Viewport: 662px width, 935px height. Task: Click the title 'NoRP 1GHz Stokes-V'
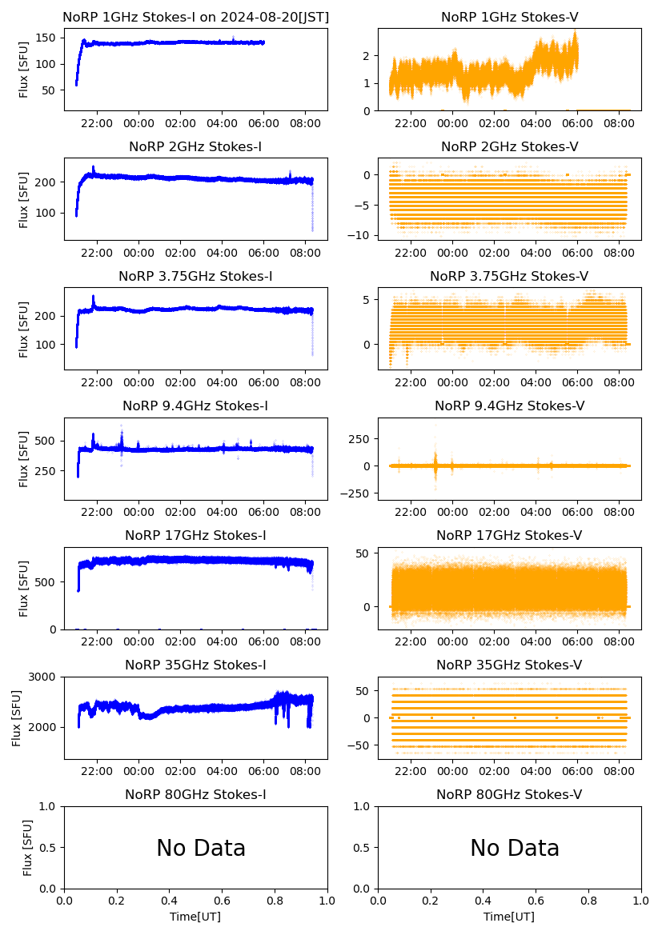coord(510,17)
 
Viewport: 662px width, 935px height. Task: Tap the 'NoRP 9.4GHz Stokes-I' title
coord(195,406)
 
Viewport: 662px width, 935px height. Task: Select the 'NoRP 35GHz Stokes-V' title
coord(509,665)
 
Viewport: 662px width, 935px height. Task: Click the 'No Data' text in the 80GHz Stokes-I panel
coord(201,848)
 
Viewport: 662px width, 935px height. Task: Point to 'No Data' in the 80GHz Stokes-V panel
coord(515,848)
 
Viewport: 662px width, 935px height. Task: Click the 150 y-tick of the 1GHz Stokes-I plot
coord(47,38)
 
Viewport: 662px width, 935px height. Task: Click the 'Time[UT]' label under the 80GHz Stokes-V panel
coord(509,916)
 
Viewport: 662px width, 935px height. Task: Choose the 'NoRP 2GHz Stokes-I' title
coord(195,146)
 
